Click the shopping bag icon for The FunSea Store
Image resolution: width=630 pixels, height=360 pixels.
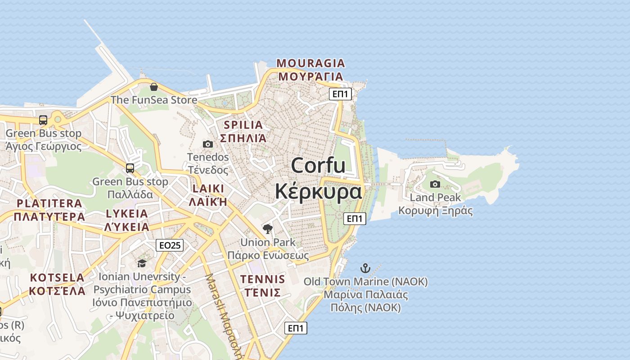tap(154, 87)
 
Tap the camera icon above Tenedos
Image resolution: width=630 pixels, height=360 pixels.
tap(207, 144)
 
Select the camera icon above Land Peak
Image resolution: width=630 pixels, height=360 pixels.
tap(435, 184)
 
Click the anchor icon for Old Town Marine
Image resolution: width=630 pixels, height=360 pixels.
tap(365, 269)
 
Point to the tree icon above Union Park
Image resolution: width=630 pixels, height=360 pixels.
tap(268, 229)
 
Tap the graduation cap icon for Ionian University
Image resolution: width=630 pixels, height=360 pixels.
tap(142, 263)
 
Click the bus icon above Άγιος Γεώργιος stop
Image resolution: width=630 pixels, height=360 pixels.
tap(43, 120)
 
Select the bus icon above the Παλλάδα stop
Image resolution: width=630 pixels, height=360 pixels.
tap(130, 168)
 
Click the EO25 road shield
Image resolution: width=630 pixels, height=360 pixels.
tap(170, 245)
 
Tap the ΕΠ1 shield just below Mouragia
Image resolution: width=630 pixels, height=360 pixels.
tap(341, 94)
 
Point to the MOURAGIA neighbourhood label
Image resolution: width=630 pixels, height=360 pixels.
tap(310, 63)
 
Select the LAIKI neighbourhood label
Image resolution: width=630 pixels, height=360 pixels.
tap(208, 189)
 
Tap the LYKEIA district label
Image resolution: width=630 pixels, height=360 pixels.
tap(127, 214)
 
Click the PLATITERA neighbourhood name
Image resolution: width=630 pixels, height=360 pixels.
tap(49, 203)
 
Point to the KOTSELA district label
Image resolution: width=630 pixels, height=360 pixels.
tap(57, 278)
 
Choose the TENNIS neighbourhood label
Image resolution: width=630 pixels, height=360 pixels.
tap(263, 279)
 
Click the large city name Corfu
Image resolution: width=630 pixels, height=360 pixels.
tap(318, 166)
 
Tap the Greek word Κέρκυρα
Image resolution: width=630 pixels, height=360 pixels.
tap(318, 191)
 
